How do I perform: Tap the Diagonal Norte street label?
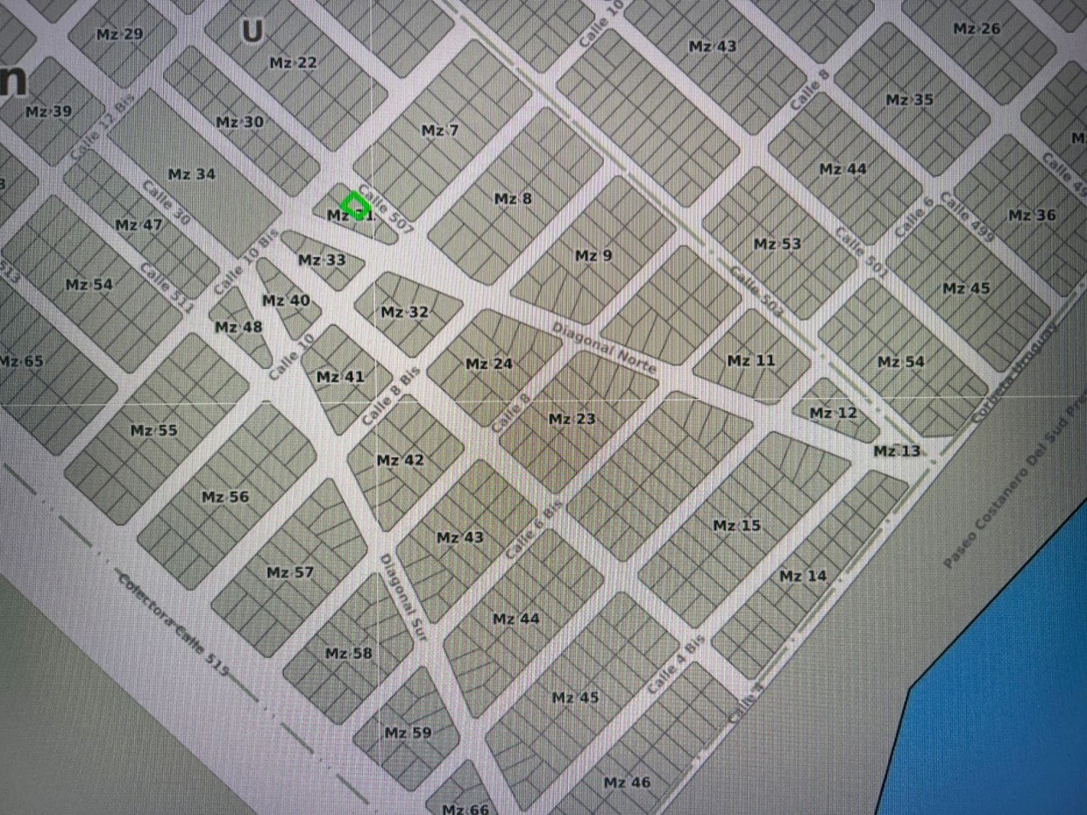(x=604, y=347)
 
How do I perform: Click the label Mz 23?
(x=571, y=420)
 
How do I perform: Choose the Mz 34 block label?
(x=191, y=175)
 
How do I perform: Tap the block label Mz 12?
(x=833, y=414)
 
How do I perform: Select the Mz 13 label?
(x=897, y=451)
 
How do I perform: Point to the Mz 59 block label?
(x=408, y=733)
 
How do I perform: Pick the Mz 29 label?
(x=120, y=34)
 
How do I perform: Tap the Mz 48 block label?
(x=239, y=327)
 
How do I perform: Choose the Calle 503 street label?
(x=756, y=293)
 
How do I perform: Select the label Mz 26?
(x=976, y=29)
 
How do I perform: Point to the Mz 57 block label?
(x=290, y=572)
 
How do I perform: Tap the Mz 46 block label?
(x=626, y=782)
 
